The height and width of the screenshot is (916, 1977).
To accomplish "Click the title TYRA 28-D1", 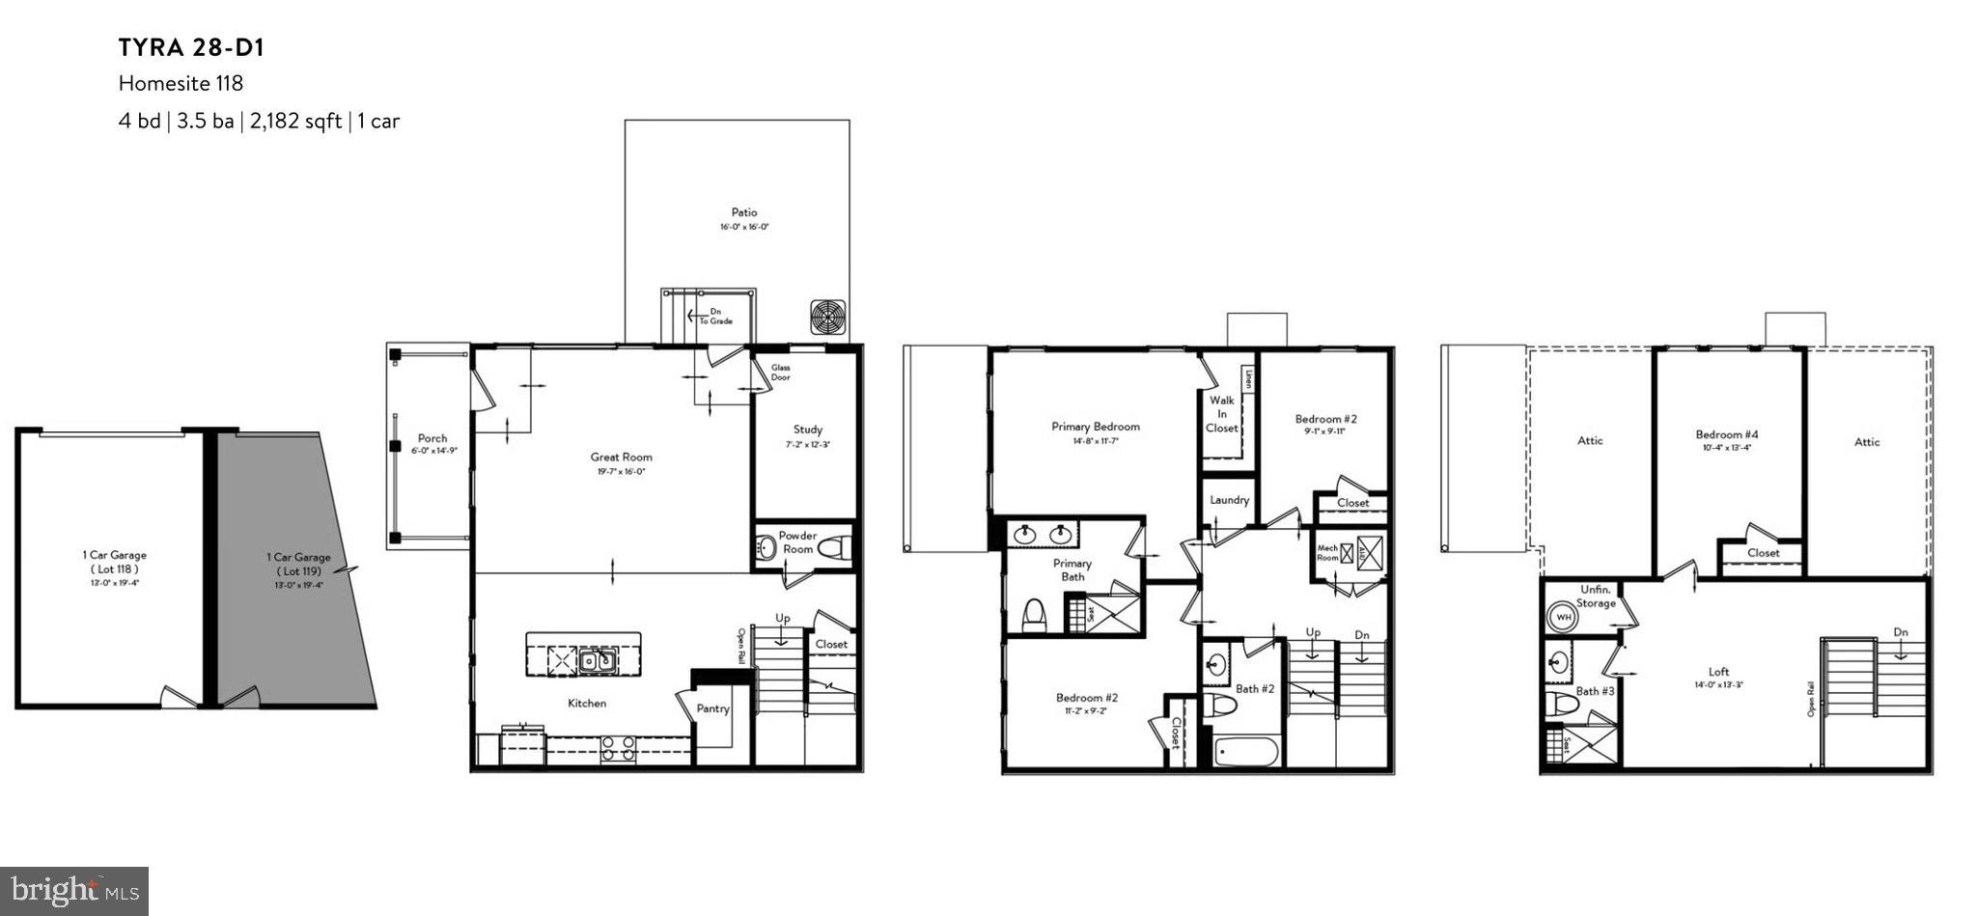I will [191, 47].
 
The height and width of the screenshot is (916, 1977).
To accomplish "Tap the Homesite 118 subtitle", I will [181, 84].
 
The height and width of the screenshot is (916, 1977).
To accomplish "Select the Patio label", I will [743, 212].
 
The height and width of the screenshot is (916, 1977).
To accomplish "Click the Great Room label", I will [621, 458].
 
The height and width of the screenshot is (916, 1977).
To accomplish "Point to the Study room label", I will [807, 430].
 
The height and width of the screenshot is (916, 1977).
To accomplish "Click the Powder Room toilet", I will [833, 548].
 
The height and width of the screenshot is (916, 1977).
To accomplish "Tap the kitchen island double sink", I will [596, 661].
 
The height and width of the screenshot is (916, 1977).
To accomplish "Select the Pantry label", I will [712, 708].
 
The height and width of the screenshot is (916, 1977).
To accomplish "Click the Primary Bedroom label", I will [1095, 427].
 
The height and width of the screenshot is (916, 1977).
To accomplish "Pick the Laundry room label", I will [1229, 500].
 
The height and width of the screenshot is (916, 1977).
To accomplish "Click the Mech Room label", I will [1327, 553].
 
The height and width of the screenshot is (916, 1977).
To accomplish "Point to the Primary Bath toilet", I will [1035, 614].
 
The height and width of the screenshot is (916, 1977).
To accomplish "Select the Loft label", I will [1718, 672].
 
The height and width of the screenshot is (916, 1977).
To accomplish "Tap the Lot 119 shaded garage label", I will [298, 564].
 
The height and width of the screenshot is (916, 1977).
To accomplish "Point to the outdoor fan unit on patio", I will [828, 316].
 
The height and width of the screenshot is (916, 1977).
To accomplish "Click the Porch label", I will [432, 438].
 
